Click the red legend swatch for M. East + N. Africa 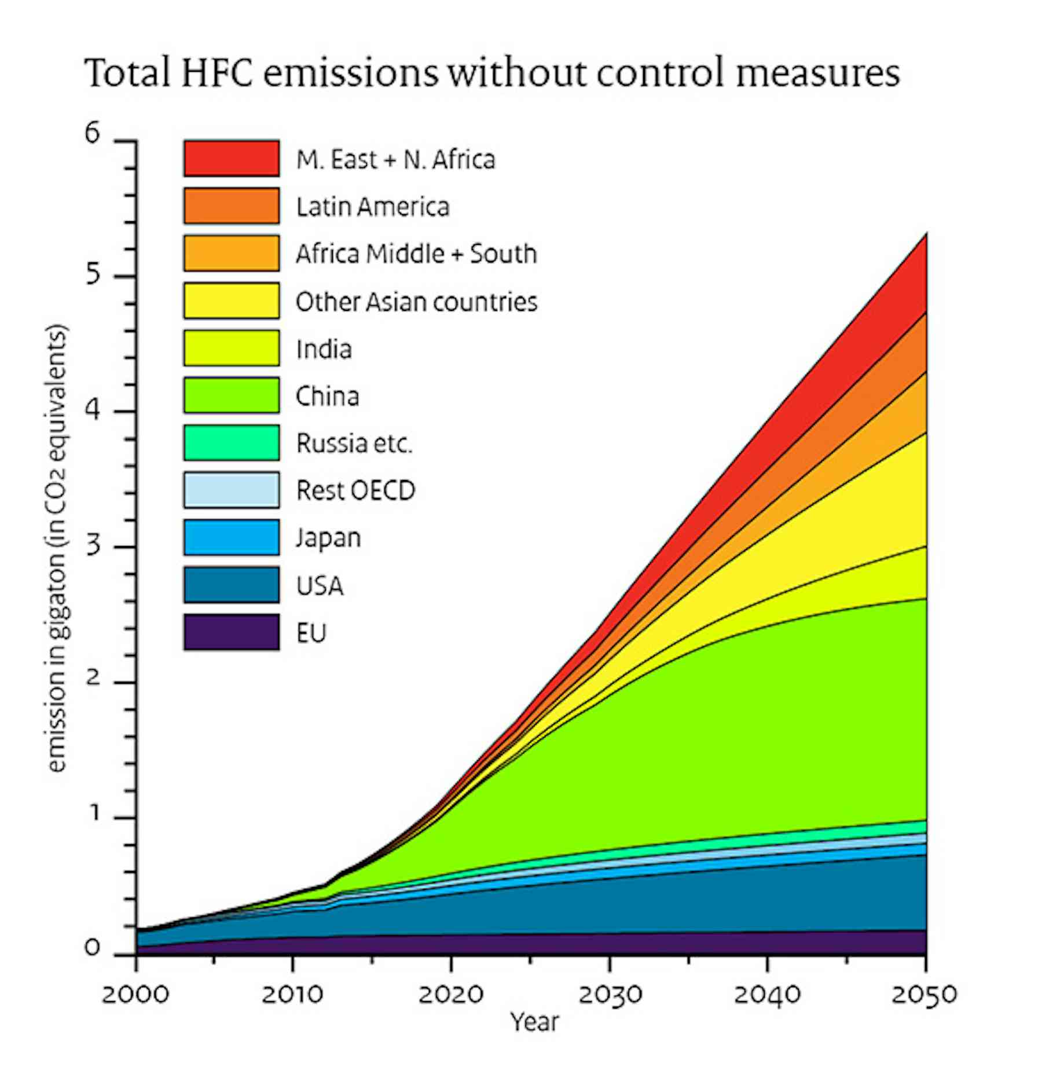232,158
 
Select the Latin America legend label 372,207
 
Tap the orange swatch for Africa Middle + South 232,253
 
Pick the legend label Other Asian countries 416,302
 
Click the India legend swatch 232,348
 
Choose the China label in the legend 327,397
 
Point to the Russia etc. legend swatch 232,443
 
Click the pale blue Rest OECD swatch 232,490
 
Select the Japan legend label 328,538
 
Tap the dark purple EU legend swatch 232,633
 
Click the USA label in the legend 320,586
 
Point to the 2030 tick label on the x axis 610,995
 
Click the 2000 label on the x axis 135,995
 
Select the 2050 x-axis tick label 924,995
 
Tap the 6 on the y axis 93,134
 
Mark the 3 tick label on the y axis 93,546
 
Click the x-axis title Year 534,1023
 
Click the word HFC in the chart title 217,74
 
